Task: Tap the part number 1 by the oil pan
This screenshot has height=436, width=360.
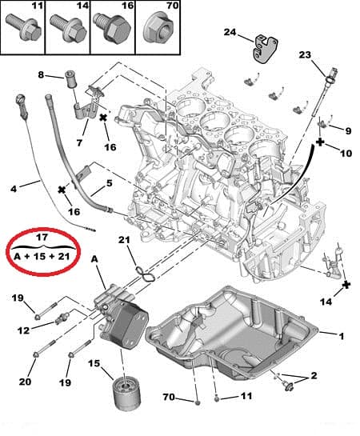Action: (342, 335)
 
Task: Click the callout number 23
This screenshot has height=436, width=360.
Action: (304, 54)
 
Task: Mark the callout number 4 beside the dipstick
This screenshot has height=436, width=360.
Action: (14, 189)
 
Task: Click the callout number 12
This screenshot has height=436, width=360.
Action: (25, 330)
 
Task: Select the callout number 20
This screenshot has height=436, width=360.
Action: (26, 382)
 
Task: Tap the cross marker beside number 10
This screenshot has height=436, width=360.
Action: (320, 142)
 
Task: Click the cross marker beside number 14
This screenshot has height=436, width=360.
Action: (346, 284)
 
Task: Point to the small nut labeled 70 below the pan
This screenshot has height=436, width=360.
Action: (194, 398)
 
